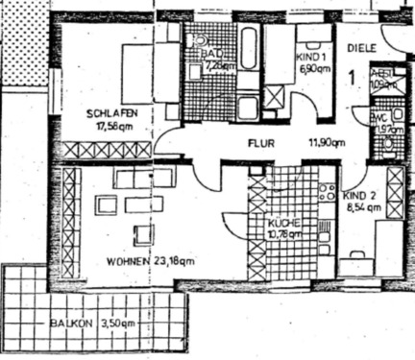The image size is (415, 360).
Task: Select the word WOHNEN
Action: [128, 261]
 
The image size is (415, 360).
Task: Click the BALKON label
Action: [72, 324]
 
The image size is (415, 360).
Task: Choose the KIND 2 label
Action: [361, 194]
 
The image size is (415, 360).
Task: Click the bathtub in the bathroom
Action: [249, 49]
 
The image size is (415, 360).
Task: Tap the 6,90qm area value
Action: [314, 70]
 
